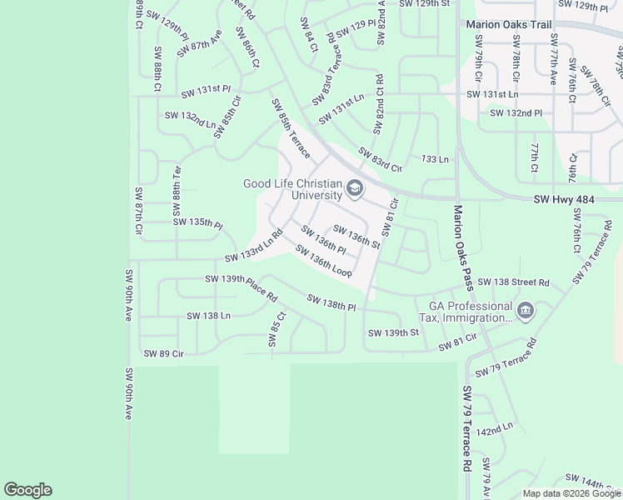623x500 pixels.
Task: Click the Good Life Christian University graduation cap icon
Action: pos(356,189)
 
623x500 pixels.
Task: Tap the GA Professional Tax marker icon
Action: pos(526,312)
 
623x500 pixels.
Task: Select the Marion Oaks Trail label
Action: pos(509,25)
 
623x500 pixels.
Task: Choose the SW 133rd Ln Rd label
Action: pos(255,248)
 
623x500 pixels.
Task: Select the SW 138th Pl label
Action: pos(331,302)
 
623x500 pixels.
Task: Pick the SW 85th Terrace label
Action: pos(290,129)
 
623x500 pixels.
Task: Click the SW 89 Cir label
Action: pos(162,353)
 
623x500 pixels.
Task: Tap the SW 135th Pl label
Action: pos(197,222)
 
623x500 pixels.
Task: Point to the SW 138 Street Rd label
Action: pos(513,282)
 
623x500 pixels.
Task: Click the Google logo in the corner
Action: pos(27,490)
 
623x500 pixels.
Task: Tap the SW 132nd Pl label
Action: pos(516,112)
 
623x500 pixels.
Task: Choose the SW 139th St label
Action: pos(392,332)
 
